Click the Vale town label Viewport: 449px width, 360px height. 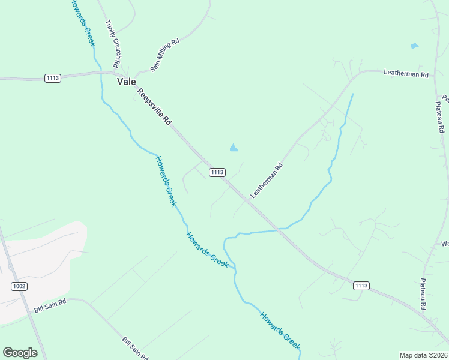tap(127, 82)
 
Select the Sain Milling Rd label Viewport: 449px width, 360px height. tap(165, 56)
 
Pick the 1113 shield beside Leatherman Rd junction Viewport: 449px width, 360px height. tap(217, 172)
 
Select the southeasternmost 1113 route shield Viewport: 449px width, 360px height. tap(361, 286)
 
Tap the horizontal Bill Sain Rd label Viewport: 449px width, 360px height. tap(50, 308)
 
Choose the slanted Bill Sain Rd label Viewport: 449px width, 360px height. tap(135, 349)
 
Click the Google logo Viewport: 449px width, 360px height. tap(20, 353)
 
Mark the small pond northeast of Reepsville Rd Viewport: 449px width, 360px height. tap(234, 147)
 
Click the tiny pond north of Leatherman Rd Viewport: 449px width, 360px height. tap(414, 46)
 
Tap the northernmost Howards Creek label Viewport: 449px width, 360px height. tap(83, 23)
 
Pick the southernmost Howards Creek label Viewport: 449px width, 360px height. tap(279, 330)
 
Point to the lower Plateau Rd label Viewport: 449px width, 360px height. tap(423, 294)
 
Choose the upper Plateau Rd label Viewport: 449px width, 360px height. tap(440, 117)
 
